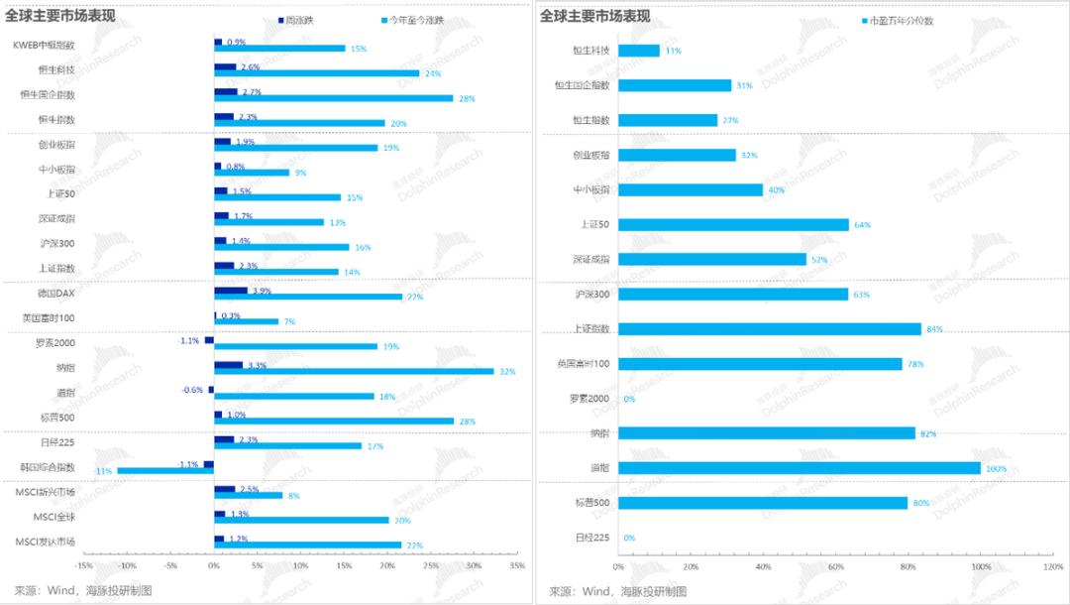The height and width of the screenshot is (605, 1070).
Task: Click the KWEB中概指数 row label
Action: coord(43,45)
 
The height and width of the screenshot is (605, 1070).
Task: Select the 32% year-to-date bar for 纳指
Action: coord(354,371)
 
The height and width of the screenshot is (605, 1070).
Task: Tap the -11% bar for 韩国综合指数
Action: coord(165,470)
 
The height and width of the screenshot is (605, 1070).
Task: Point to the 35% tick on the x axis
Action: coord(516,566)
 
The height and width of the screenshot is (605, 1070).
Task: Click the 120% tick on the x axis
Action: coord(1052,566)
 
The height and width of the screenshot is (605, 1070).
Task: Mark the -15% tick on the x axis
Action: coord(84,566)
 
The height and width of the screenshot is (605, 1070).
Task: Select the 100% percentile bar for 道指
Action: coord(800,468)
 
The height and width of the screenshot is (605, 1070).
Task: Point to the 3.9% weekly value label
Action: coord(262,291)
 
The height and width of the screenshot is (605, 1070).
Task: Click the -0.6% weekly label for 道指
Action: coord(192,390)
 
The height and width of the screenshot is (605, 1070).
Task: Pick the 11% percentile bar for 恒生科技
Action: coord(639,51)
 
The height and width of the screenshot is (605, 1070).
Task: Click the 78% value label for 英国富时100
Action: coord(915,364)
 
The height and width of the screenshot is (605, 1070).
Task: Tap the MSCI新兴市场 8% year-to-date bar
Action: coord(249,495)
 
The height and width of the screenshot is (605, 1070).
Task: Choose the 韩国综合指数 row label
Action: coord(49,466)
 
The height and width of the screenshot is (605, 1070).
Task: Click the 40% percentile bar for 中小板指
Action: coord(691,189)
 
